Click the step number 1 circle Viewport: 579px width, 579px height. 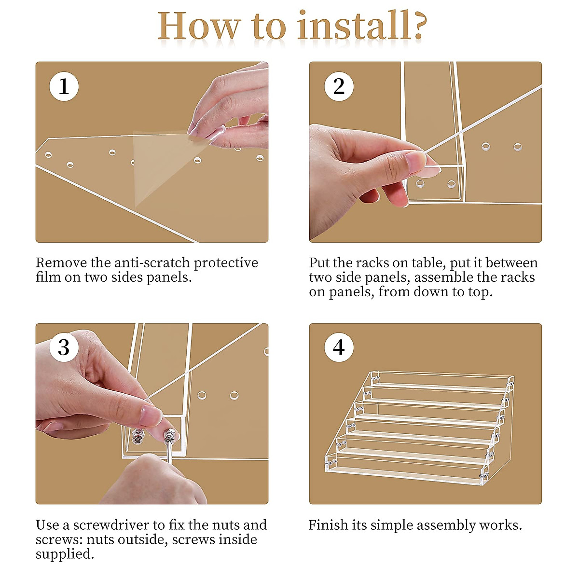point(64,86)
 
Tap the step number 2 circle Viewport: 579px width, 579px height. point(339,86)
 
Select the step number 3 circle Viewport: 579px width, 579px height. point(64,347)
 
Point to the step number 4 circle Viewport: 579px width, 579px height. point(339,347)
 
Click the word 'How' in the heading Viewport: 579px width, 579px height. point(199,26)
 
